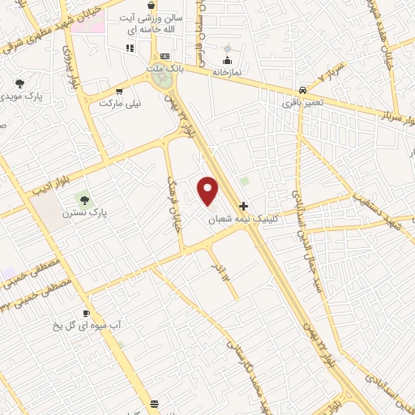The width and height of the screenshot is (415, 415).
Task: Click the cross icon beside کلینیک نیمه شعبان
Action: (x=243, y=206)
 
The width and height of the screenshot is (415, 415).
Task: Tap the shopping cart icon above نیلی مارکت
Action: (x=120, y=92)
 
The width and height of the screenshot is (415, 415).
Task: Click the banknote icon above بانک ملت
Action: (x=165, y=56)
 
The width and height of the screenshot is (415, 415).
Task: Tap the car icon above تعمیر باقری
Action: (x=302, y=90)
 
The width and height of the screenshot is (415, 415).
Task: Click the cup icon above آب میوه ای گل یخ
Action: (x=87, y=313)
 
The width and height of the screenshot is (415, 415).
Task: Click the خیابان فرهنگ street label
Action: (x=175, y=199)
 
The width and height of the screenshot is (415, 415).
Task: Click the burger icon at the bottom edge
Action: (x=155, y=403)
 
